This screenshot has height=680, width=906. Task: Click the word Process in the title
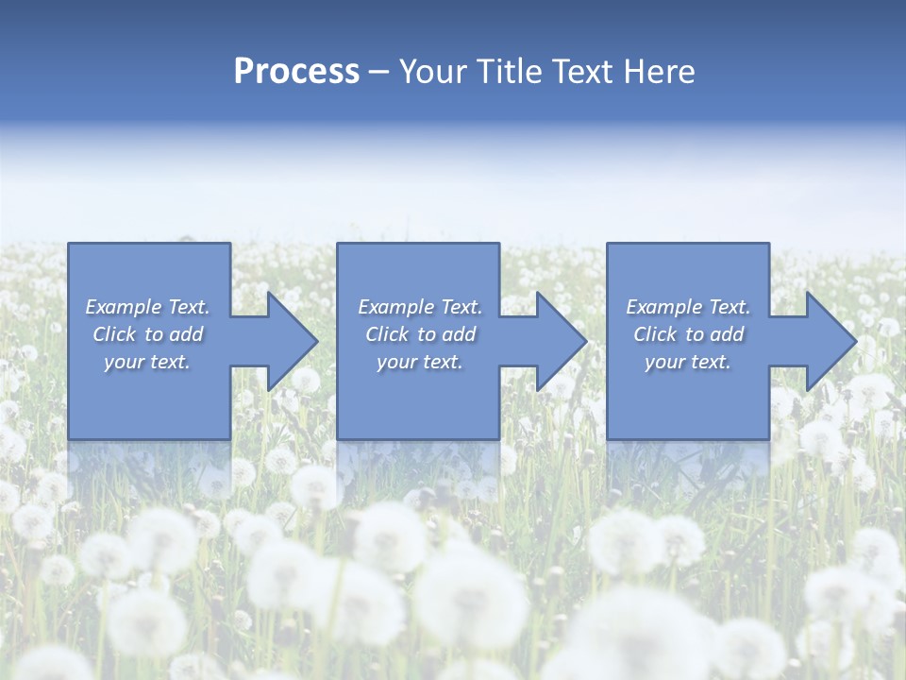tap(296, 72)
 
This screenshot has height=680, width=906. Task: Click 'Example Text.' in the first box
tap(147, 307)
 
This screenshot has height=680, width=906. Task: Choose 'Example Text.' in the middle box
tap(420, 307)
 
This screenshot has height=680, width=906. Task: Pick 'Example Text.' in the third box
tap(688, 307)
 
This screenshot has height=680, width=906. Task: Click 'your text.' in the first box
tap(147, 362)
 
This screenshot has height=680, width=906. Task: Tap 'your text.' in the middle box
tap(420, 362)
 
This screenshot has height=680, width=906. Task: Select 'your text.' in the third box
tap(688, 362)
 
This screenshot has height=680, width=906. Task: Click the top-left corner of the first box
tap(70, 245)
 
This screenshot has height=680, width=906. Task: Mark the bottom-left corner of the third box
tap(608, 438)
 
